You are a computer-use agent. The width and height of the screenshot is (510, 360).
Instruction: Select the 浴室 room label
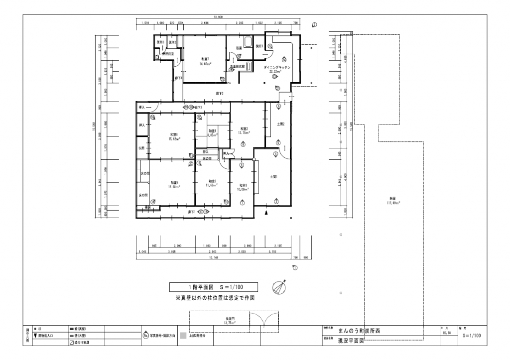coord(239,48)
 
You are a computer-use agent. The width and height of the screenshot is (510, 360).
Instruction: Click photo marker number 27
coord(223,79)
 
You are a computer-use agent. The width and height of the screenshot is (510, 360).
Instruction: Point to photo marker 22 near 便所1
coord(269,46)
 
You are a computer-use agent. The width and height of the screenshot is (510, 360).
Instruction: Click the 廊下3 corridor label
coord(219,93)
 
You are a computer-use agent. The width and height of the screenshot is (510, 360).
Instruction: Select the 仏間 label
coord(141,148)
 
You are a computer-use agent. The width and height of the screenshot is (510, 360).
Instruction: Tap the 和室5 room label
coord(174,182)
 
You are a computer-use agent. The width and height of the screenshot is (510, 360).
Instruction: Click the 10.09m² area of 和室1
coord(243,189)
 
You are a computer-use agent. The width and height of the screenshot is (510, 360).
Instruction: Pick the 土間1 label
coord(273,176)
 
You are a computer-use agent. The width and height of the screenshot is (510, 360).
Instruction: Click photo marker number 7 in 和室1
coord(242,203)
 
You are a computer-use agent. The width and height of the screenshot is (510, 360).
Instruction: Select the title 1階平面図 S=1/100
coord(213,287)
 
